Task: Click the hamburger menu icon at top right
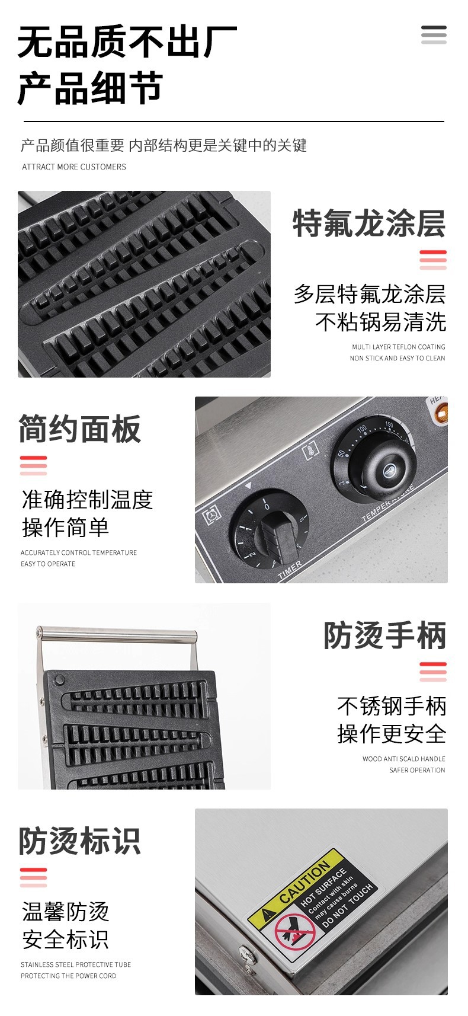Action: point(434,35)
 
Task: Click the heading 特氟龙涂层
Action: point(368,223)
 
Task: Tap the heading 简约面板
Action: point(79,429)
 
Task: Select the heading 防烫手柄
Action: point(384,636)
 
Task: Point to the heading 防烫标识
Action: point(79,841)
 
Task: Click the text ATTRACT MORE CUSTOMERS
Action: point(74,167)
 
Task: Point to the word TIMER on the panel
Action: point(290,570)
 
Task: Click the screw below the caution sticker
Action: point(248,954)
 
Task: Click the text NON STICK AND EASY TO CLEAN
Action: point(397,358)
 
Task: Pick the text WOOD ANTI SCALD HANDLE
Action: point(403,759)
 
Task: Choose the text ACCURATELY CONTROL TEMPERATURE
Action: point(79,552)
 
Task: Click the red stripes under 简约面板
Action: point(33,465)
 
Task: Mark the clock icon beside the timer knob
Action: point(211,515)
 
